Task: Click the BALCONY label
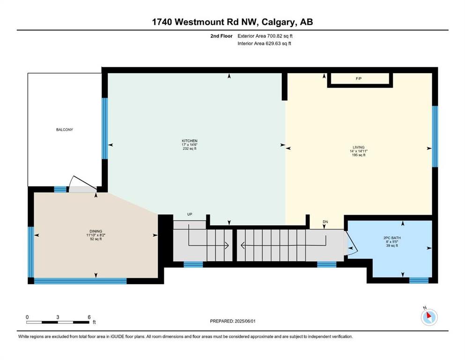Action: coord(64,130)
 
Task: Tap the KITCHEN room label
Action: coord(190,141)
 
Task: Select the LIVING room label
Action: coord(359,147)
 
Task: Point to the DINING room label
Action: coord(96,231)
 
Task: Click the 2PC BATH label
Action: coord(392,238)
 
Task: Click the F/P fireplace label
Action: coord(359,79)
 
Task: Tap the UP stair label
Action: coord(190,214)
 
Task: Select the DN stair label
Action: coord(325,222)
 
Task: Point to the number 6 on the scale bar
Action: coord(89,317)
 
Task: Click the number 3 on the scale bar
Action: coord(58,317)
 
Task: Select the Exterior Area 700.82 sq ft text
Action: coord(265,36)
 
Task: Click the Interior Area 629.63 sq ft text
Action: coord(264,43)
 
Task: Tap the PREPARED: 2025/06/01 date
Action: coord(232,321)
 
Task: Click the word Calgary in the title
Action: coord(279,22)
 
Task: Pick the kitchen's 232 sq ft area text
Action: coord(190,149)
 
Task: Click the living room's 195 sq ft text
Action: coord(359,155)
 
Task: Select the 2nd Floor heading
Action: coord(221,36)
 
